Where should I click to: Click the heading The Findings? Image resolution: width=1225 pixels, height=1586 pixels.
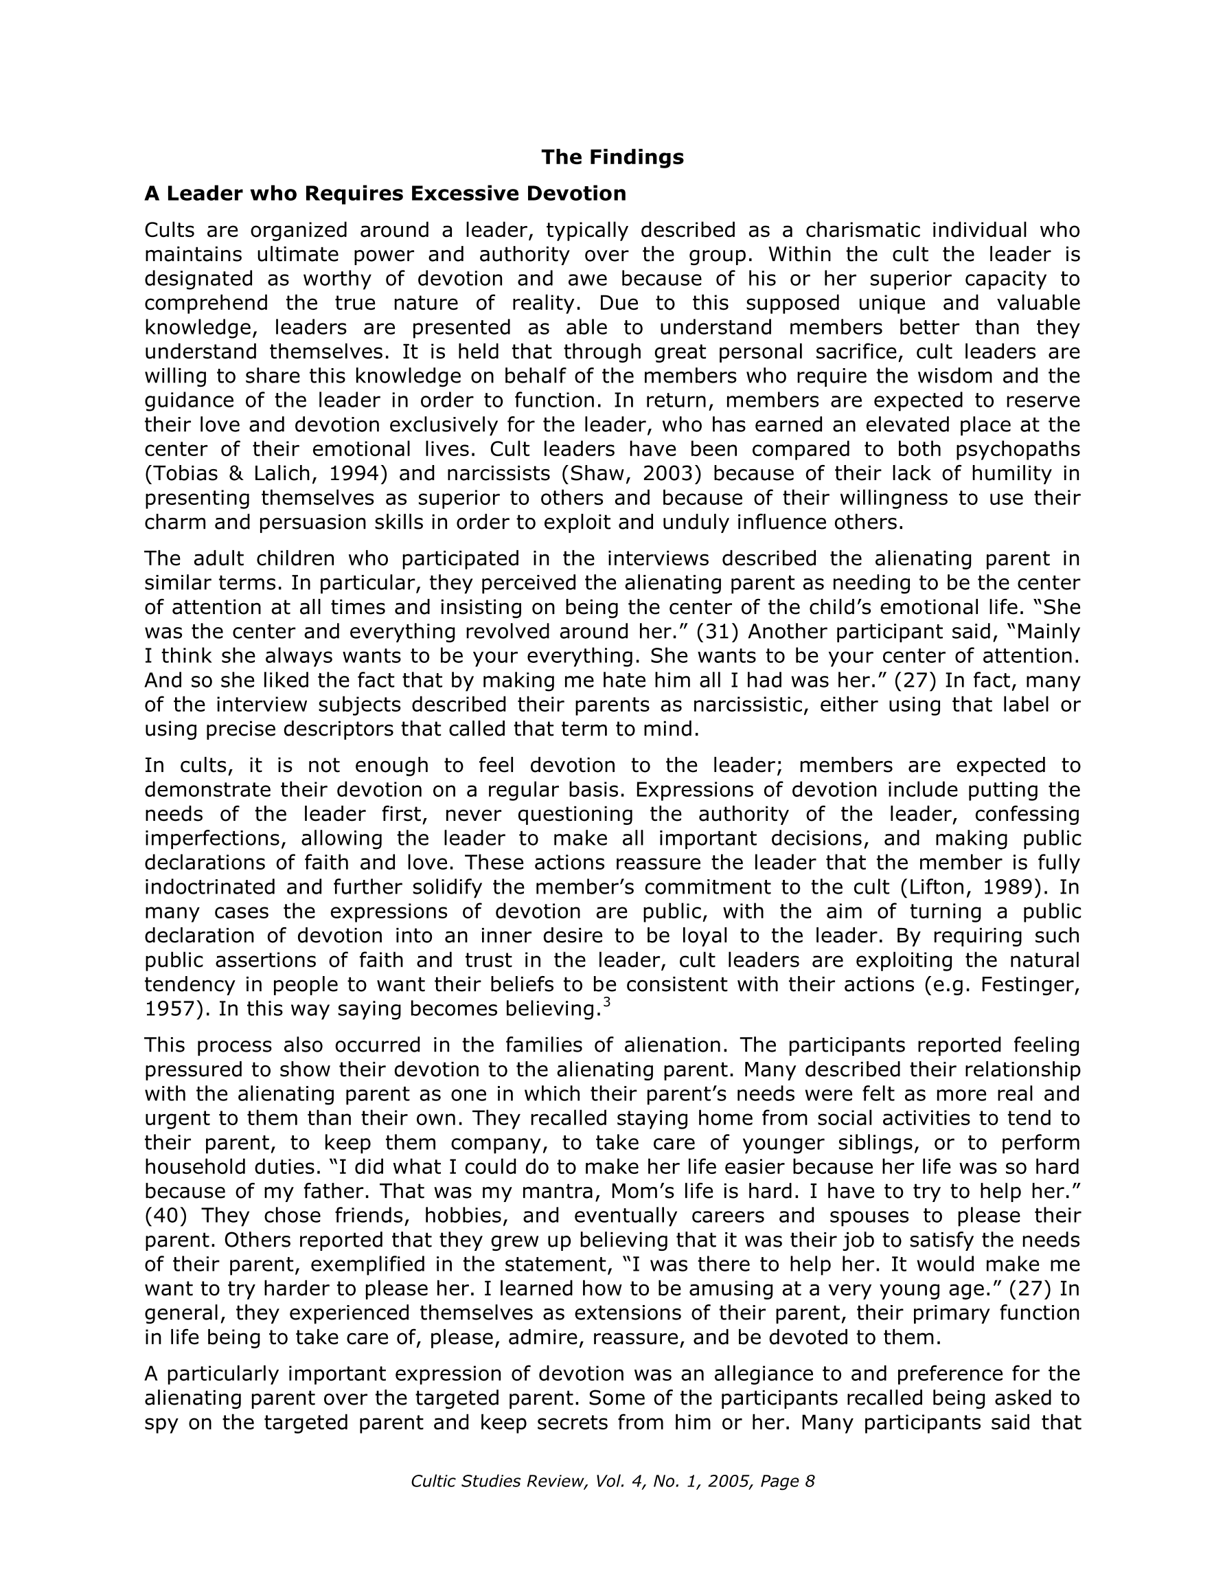[x=612, y=157]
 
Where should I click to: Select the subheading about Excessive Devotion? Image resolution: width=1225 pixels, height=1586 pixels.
[x=385, y=193]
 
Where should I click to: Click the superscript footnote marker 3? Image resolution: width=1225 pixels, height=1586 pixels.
[x=606, y=1003]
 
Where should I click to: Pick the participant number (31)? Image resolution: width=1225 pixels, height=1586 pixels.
[x=718, y=631]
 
